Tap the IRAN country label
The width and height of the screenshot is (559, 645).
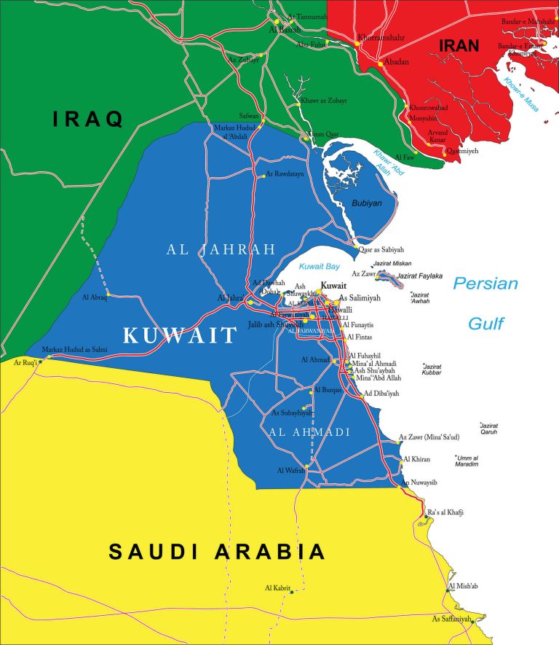pos(459,46)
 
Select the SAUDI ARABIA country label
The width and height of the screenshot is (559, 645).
pos(217,551)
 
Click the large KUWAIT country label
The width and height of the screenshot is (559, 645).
pos(180,335)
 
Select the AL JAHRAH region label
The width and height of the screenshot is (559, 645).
pos(221,249)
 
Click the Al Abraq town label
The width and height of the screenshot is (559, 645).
pos(95,297)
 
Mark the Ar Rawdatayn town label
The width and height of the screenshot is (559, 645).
pos(285,174)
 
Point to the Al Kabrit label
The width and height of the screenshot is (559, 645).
pos(277,587)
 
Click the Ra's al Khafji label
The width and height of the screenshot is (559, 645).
pos(445,512)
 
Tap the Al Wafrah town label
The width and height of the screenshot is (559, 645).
pos(290,470)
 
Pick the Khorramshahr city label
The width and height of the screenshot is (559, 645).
pos(381,36)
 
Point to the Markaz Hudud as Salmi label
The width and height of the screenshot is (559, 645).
pos(74,350)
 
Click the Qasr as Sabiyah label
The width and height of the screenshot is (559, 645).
pos(381,249)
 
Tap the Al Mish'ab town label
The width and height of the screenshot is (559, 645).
pos(464,586)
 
